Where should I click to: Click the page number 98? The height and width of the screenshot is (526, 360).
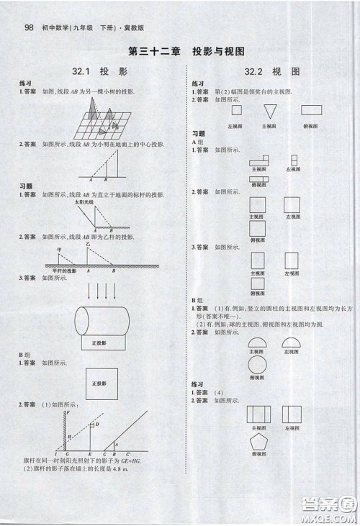[29, 28]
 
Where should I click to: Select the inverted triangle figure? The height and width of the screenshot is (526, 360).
[271, 112]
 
